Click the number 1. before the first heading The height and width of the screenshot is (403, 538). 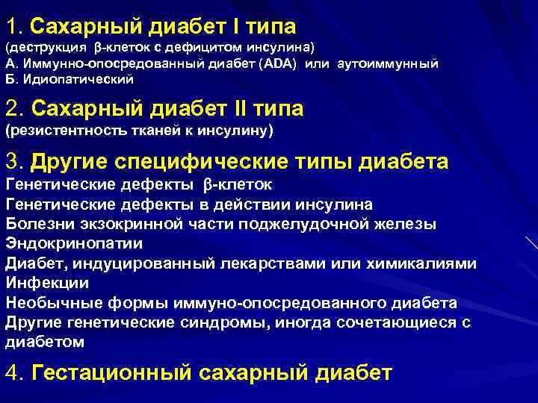click(x=15, y=27)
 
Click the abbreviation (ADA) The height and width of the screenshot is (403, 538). click(x=279, y=63)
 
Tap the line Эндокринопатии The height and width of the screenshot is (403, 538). click(x=74, y=243)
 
